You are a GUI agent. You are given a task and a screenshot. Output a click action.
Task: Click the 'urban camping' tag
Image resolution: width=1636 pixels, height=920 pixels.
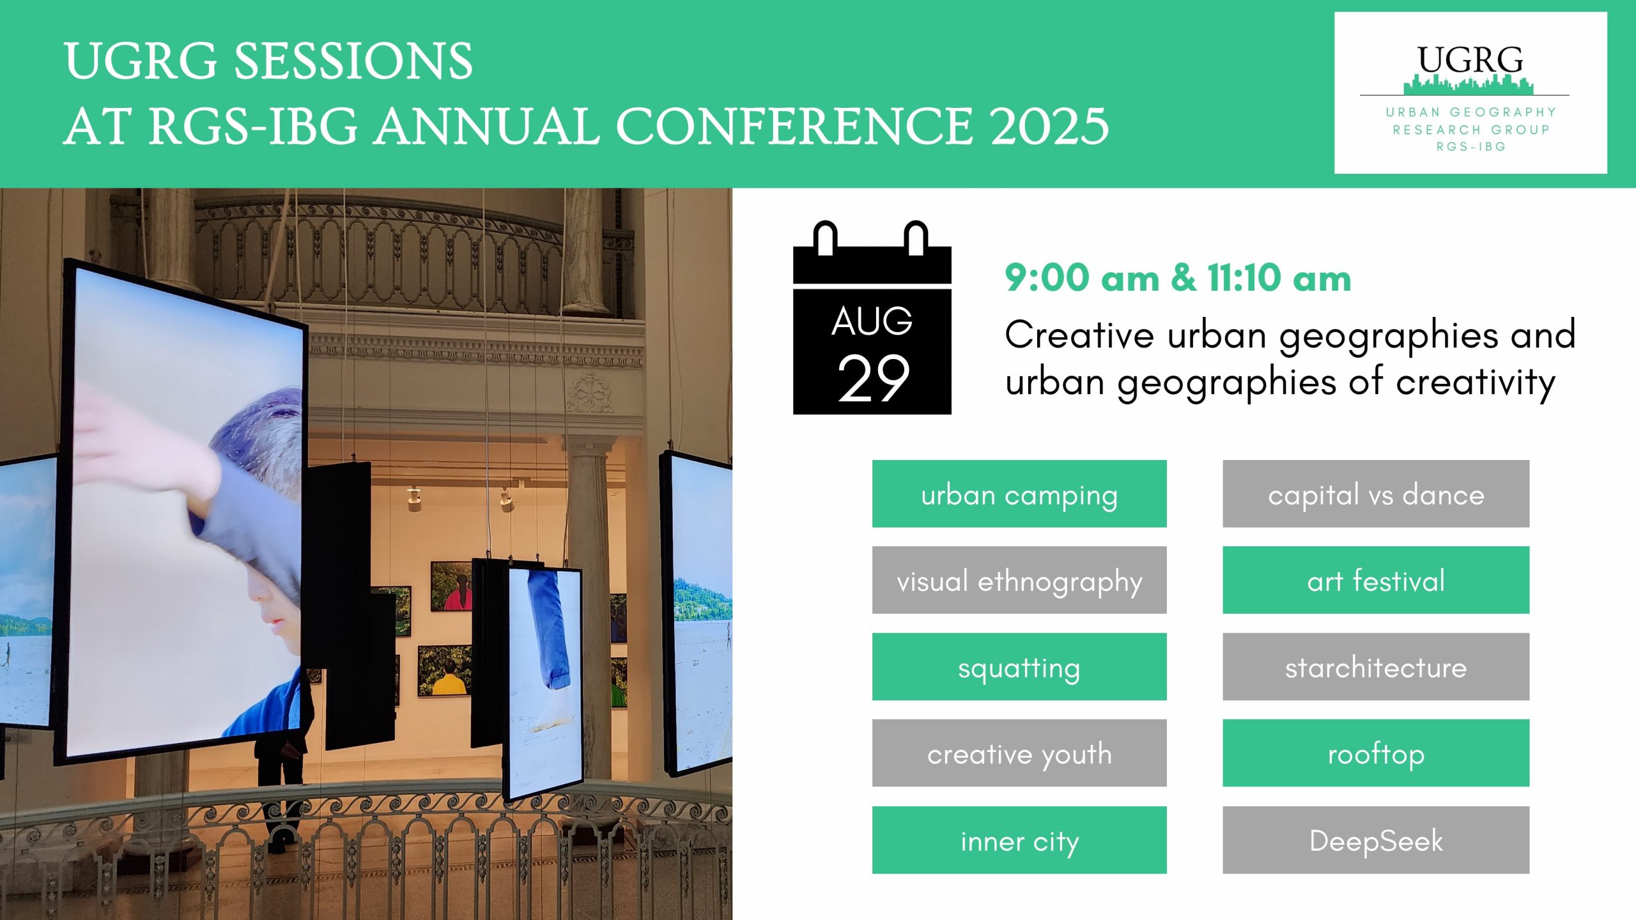coord(1019,494)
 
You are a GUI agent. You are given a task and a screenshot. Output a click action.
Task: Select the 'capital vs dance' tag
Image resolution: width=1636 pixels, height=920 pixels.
coord(1376,494)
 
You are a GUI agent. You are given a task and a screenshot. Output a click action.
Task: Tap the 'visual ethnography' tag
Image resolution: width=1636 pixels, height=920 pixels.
coord(1019,580)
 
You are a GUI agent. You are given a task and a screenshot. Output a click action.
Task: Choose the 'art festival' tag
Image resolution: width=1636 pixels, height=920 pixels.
coord(1376,580)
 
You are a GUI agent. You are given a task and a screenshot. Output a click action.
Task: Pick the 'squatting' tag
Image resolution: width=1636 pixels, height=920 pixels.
coord(1019,667)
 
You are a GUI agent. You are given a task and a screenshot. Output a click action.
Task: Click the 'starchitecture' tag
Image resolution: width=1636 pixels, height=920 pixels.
coord(1376,667)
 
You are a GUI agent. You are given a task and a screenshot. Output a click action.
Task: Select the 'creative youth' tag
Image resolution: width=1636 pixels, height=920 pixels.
coord(1019,753)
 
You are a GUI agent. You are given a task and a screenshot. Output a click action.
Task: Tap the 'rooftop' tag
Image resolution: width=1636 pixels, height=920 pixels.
coord(1376,753)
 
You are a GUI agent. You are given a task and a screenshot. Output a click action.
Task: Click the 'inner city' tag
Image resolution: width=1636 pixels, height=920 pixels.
coord(1019,840)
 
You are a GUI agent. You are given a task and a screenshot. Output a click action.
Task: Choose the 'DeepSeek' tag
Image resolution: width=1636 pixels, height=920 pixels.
coord(1376,840)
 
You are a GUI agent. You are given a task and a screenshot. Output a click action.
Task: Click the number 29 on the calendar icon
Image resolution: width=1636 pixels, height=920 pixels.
coord(873,378)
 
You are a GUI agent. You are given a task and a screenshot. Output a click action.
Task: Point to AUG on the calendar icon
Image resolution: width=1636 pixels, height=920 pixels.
coord(872,321)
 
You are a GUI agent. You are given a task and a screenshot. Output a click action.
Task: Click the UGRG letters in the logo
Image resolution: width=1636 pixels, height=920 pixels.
coord(1470,61)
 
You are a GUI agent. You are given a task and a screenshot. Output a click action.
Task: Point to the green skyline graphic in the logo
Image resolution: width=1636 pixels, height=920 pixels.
coord(1468,85)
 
